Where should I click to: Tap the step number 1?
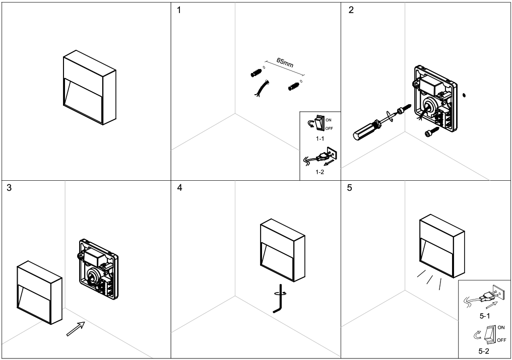(x=180, y=11)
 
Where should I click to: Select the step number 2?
(x=351, y=11)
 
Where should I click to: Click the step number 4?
(x=180, y=188)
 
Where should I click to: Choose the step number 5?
(x=351, y=188)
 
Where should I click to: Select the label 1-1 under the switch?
(x=319, y=137)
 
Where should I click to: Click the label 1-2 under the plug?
(x=319, y=172)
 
